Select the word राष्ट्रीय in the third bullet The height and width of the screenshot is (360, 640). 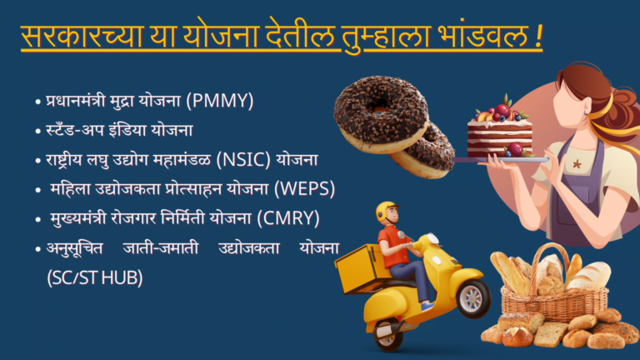click(65, 159)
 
